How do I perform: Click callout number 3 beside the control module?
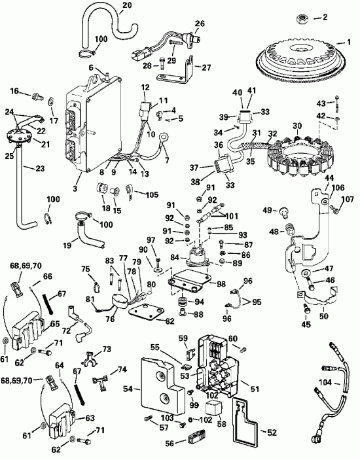click(77, 188)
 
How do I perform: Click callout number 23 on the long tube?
click(22, 168)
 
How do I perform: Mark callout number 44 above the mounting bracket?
click(329, 178)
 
